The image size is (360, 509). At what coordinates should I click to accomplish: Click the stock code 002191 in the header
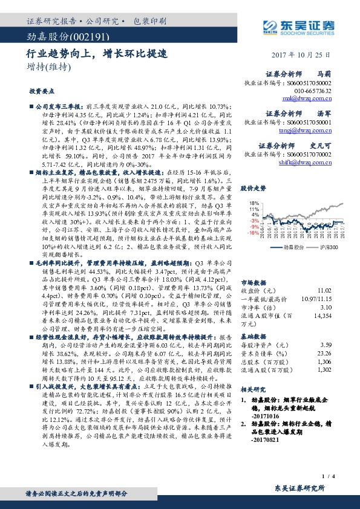click(x=76, y=37)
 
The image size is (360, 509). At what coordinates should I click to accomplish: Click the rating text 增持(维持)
click(x=46, y=66)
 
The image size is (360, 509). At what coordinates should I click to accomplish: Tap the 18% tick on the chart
click(x=254, y=203)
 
